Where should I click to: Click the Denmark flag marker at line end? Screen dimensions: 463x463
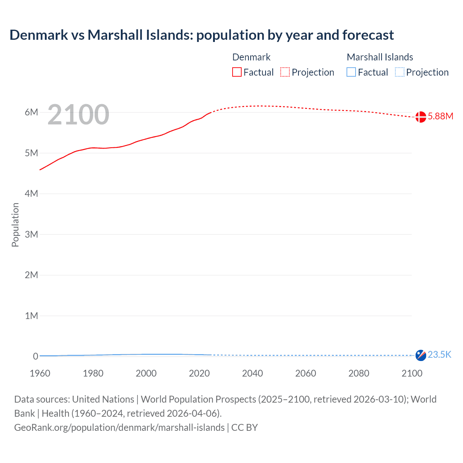[420, 117]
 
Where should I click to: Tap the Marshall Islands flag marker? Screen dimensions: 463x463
[420, 355]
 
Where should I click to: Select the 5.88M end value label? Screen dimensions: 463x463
[440, 116]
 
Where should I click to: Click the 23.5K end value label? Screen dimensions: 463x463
[439, 354]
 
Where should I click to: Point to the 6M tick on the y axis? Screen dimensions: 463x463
[31, 112]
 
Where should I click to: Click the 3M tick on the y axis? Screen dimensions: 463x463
[31, 234]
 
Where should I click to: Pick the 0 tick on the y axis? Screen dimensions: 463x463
[35, 356]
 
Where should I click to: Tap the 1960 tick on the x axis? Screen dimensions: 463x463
[40, 373]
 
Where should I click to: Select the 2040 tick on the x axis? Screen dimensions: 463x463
[252, 373]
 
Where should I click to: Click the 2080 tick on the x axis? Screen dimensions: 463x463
[359, 373]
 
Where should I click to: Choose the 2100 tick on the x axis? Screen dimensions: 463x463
[412, 373]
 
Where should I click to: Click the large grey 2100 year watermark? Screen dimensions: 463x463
[78, 115]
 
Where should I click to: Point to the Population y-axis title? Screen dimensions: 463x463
[15, 225]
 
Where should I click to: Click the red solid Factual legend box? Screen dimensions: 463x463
[237, 72]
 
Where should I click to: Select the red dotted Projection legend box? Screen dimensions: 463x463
[285, 72]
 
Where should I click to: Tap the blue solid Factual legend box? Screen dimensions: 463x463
[351, 72]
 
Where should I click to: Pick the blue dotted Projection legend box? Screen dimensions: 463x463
[400, 72]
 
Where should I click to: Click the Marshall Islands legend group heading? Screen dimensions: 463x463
[380, 57]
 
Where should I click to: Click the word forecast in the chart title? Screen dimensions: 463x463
[368, 35]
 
